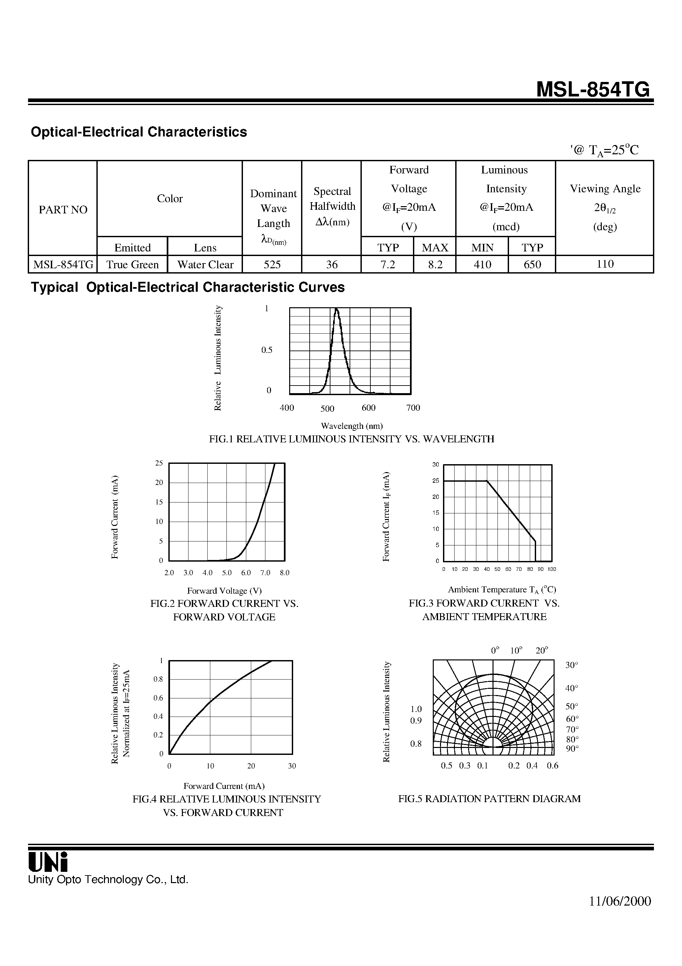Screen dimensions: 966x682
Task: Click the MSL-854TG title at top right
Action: point(593,90)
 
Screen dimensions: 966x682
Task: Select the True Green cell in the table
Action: point(132,265)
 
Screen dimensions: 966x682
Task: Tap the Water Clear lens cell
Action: point(205,265)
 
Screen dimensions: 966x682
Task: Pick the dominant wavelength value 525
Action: point(272,265)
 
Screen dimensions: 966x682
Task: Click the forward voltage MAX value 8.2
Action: point(435,265)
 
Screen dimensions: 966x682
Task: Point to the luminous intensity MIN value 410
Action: point(482,265)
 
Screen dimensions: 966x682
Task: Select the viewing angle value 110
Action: point(605,264)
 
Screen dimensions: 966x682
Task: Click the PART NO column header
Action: point(63,209)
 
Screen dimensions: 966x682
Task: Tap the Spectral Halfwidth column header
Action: point(332,206)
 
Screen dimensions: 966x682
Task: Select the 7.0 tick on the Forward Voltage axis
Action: point(265,573)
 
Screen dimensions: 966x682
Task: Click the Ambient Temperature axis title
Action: point(502,590)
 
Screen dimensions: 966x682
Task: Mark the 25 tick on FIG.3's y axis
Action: point(436,481)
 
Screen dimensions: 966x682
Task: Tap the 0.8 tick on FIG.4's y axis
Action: point(158,679)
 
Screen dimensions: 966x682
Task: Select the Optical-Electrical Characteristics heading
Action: point(139,132)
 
